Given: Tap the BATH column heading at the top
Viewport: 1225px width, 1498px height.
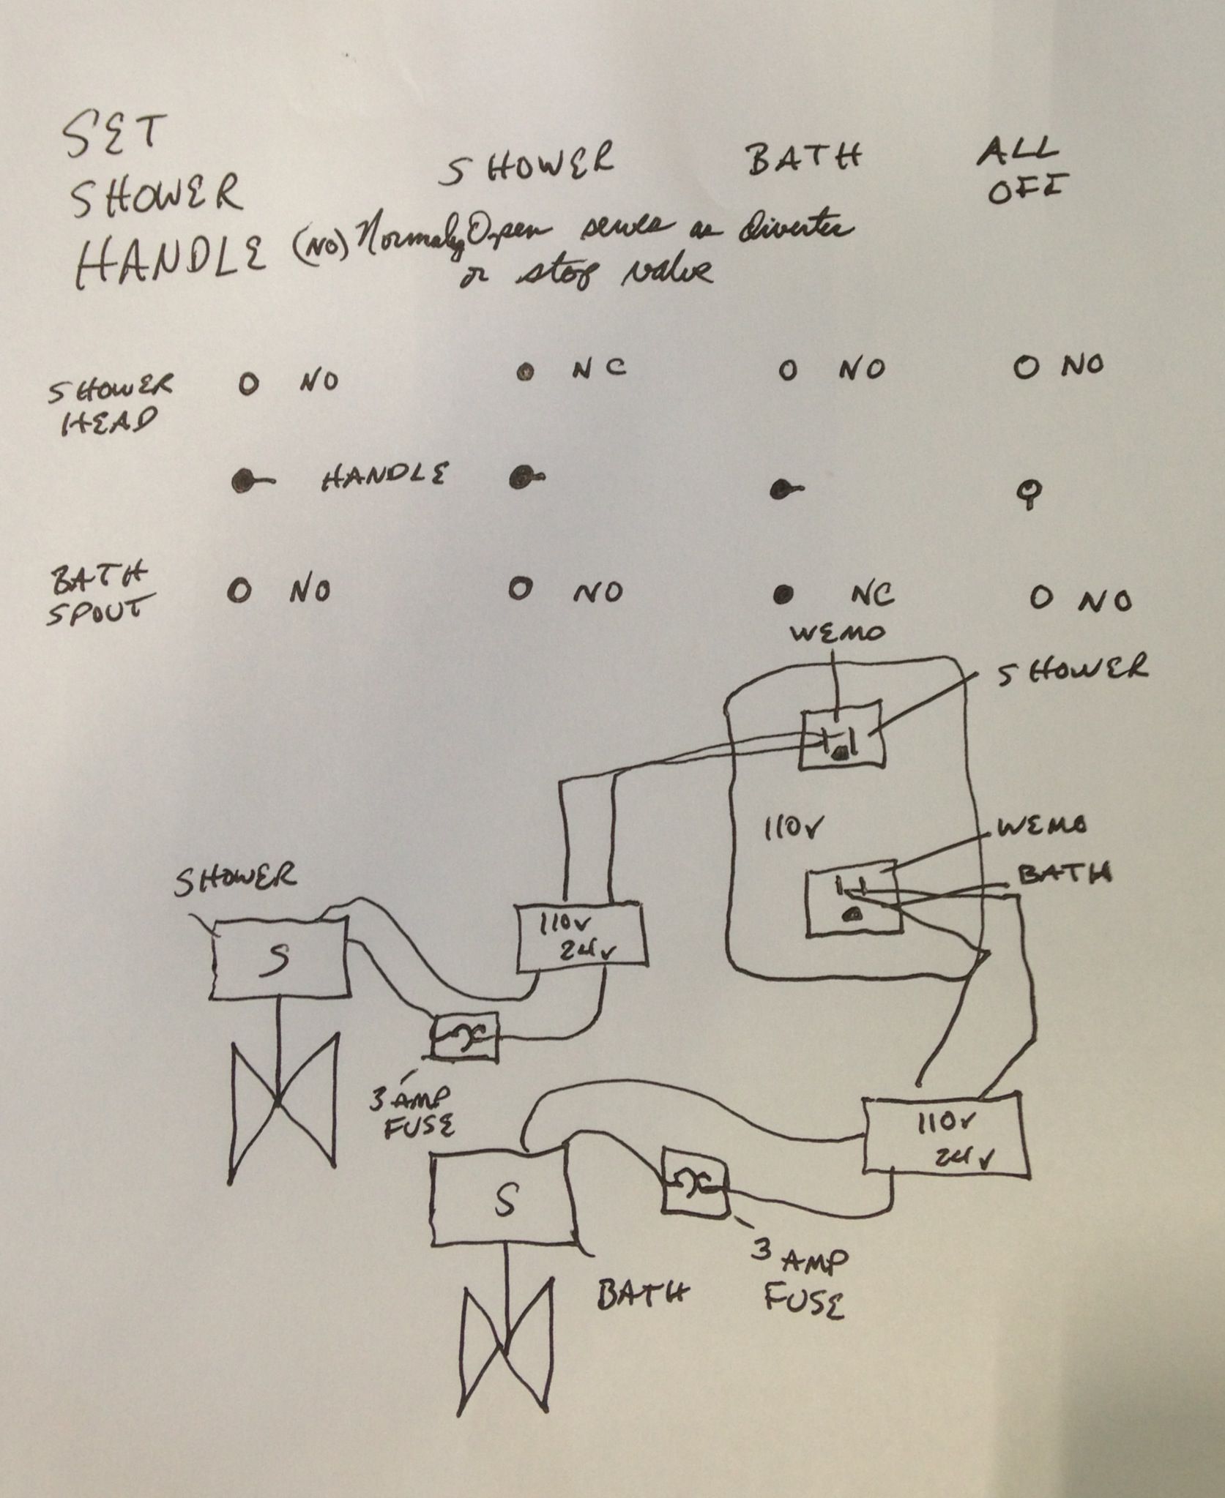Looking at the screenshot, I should tap(804, 159).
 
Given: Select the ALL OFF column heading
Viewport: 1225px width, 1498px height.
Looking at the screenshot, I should tap(1024, 173).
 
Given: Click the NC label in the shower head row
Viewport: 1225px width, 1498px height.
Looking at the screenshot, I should tap(599, 367).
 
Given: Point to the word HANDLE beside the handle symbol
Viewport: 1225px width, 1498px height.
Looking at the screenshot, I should tap(384, 477).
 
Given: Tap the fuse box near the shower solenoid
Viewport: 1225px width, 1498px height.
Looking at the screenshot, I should tap(463, 1034).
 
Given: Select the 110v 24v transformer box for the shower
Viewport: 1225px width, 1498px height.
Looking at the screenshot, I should tap(580, 940).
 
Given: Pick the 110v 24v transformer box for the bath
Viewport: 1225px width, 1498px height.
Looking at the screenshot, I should tap(945, 1136).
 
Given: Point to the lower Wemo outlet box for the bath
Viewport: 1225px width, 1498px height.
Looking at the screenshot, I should tap(853, 902).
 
